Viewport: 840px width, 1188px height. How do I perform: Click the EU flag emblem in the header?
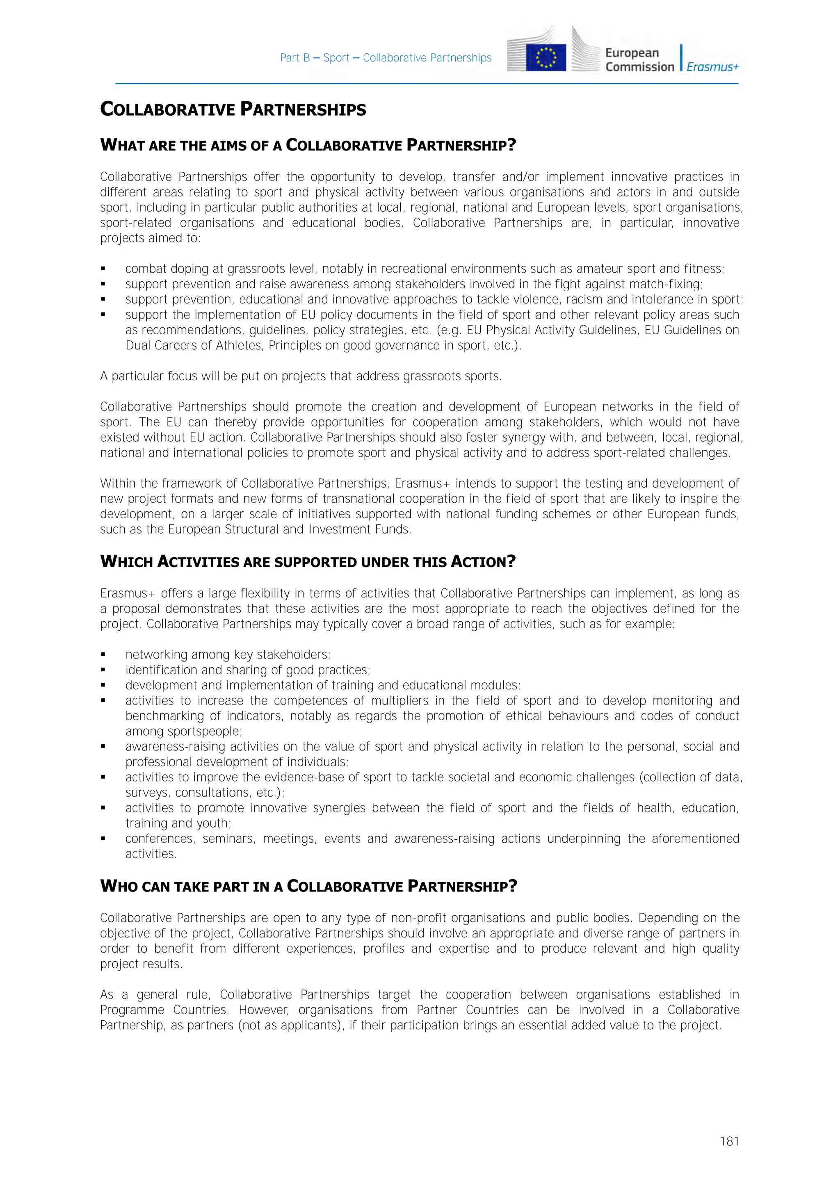point(546,58)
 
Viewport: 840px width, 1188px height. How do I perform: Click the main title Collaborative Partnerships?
point(233,109)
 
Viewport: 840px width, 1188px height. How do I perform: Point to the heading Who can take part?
point(308,886)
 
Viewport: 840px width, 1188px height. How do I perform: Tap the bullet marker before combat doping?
point(103,269)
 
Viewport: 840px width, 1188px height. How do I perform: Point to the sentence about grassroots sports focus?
point(301,376)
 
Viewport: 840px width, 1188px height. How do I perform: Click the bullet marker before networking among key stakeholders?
point(103,655)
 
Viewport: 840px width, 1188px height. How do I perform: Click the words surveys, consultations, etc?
point(203,793)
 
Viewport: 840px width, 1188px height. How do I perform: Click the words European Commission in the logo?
point(639,60)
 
